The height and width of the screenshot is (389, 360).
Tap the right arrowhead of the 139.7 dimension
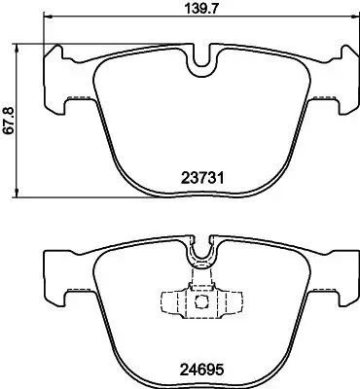tap(350, 24)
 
